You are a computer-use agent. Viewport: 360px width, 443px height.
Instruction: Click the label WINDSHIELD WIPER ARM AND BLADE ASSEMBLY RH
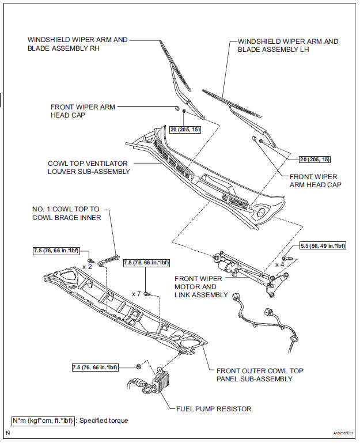pos(77,44)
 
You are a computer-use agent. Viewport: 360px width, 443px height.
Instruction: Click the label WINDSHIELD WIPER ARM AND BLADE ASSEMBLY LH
pos(288,46)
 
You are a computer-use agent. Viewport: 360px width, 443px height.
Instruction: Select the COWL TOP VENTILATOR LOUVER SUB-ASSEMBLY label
pos(89,167)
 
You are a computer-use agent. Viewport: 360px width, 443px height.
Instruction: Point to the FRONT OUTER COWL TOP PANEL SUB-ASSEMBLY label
pos(260,374)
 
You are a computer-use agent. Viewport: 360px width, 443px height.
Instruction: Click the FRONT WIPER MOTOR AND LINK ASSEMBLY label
pos(196,287)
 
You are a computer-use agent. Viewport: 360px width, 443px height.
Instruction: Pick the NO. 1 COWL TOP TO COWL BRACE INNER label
pos(67,213)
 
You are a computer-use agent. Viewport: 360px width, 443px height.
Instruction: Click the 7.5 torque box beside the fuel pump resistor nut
pos(94,367)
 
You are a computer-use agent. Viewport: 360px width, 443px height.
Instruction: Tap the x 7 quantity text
pos(136,294)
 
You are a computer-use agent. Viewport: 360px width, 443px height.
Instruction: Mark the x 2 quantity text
pos(88,266)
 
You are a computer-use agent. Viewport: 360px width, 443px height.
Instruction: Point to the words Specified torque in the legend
pos(104,421)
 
